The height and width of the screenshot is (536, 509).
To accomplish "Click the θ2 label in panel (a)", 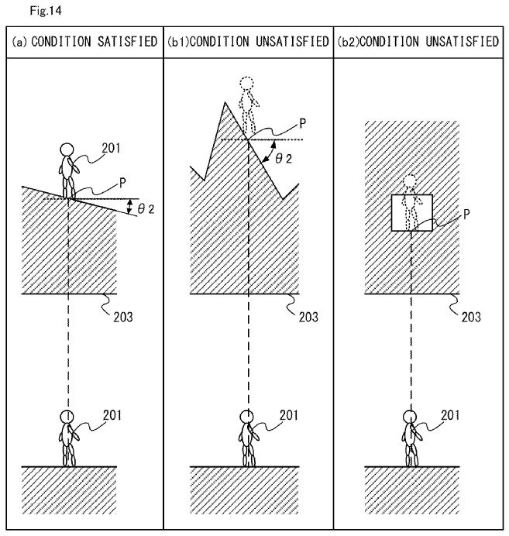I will click(146, 208).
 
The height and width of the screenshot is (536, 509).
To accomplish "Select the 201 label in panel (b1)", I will click(288, 414).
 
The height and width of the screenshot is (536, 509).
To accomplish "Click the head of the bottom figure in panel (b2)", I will click(411, 416).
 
